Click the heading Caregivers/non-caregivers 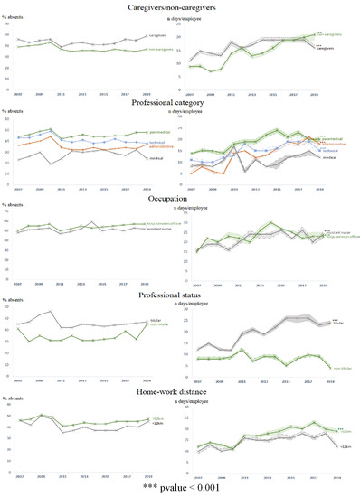(x=180, y=8)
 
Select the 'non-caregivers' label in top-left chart (x=160, y=50)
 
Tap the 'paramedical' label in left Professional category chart (x=159, y=132)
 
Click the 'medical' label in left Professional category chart (x=156, y=158)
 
